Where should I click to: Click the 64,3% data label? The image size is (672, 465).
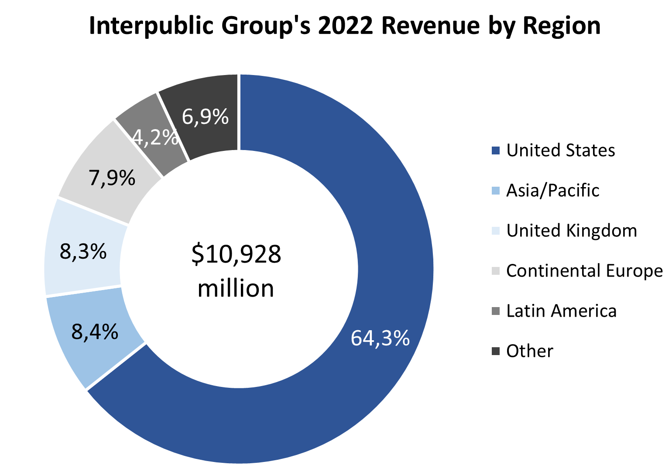click(x=380, y=338)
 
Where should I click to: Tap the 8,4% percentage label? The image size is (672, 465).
click(x=95, y=332)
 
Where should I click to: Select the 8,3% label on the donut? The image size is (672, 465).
click(x=83, y=251)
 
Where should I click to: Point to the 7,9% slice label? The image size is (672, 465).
click(x=112, y=178)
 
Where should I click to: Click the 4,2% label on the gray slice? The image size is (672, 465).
click(x=155, y=137)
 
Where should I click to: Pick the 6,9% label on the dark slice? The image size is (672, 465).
click(x=205, y=116)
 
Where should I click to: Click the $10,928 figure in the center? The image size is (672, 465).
click(x=236, y=254)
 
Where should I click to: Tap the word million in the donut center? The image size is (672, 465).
click(x=236, y=288)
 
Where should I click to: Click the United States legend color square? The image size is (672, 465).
click(x=495, y=150)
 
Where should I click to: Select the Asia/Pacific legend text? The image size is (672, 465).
click(x=552, y=191)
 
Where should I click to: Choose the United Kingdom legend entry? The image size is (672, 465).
click(x=571, y=231)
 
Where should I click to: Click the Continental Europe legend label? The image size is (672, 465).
click(x=584, y=271)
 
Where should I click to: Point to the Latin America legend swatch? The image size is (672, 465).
click(x=495, y=311)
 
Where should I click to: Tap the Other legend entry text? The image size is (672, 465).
click(x=530, y=351)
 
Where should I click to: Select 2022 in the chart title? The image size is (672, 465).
click(x=345, y=25)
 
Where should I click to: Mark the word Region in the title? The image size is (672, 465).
click(x=562, y=25)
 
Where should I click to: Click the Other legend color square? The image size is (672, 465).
click(x=495, y=351)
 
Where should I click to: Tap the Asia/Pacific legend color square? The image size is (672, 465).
click(x=495, y=191)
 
